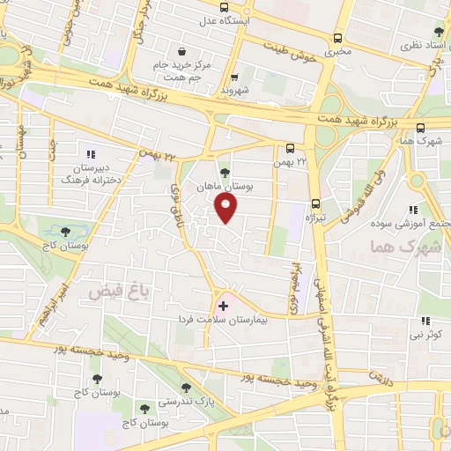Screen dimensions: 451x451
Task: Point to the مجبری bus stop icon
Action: point(338,38)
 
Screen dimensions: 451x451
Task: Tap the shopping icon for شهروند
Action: point(235,77)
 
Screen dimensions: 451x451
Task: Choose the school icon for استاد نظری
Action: point(440,29)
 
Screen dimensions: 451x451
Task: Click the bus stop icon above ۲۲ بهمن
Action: point(290,147)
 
